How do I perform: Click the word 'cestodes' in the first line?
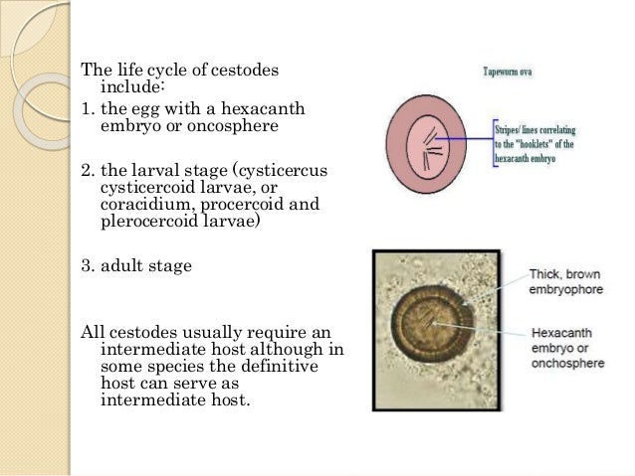(245, 72)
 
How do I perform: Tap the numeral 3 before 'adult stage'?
(84, 266)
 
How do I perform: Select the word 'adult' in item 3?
(121, 266)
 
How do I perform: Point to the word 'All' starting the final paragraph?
(91, 330)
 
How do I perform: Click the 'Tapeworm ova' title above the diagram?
(510, 73)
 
